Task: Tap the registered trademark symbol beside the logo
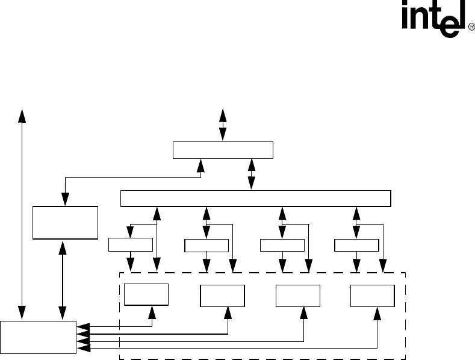(x=471, y=27)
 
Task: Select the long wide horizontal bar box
(x=256, y=198)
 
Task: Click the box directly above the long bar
(x=223, y=150)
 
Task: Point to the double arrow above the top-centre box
(x=223, y=125)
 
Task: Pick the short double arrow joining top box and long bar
(x=252, y=174)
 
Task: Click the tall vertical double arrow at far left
(x=22, y=214)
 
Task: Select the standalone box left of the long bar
(x=65, y=222)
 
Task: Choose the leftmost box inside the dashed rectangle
(x=146, y=295)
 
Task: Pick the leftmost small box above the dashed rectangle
(x=130, y=244)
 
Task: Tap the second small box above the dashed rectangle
(x=206, y=245)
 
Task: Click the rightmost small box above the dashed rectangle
(x=356, y=245)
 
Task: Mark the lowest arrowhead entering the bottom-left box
(x=83, y=347)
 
